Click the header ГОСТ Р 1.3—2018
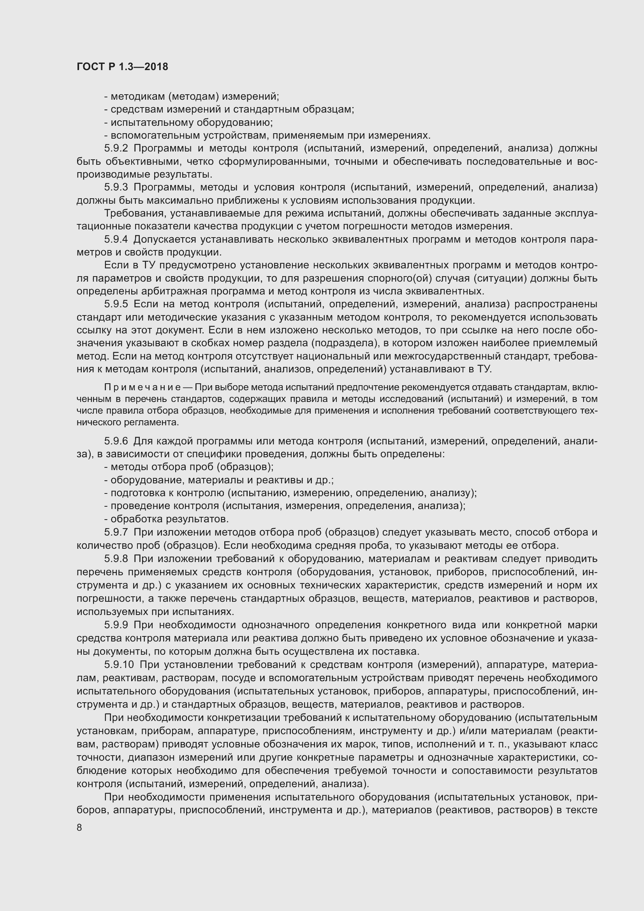(122, 67)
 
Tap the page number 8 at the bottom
(79, 827)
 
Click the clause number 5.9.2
(116, 148)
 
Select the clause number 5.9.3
(116, 187)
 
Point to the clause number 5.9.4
(116, 239)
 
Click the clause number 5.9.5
(116, 304)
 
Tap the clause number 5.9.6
(116, 441)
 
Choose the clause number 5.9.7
(116, 532)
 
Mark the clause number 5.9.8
(116, 559)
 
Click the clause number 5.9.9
(116, 625)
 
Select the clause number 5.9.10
(120, 664)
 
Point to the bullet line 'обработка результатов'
(167, 519)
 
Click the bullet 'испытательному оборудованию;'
(189, 122)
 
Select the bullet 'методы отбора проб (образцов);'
(189, 467)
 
